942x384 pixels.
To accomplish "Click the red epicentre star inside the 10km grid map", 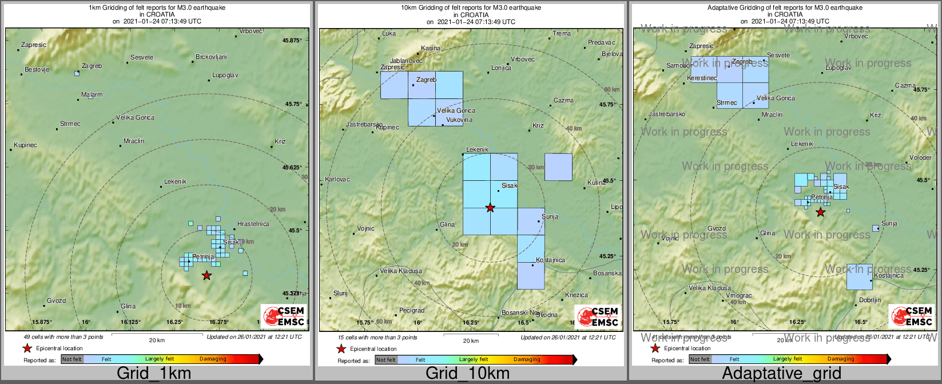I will point(490,208).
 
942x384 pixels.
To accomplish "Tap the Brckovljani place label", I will point(211,57).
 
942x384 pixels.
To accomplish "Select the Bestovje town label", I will point(37,70).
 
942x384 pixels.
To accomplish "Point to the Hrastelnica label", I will point(253,224).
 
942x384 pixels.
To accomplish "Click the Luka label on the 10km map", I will point(389,34).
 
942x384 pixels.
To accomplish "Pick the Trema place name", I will point(562,34).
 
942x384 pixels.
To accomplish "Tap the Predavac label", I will point(602,43).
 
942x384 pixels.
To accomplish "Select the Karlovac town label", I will point(337,180).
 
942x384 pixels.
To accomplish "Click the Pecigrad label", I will point(412,311).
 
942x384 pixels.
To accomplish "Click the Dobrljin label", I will point(870,300).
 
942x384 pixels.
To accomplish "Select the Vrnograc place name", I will point(739,296).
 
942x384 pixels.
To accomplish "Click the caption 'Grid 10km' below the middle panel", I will point(467,374).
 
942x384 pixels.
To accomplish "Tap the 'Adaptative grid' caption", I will point(781,374).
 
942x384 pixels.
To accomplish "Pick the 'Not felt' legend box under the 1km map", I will point(72,359).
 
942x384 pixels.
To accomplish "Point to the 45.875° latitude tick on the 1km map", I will point(292,41).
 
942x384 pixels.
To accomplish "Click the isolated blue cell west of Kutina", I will point(558,167).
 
